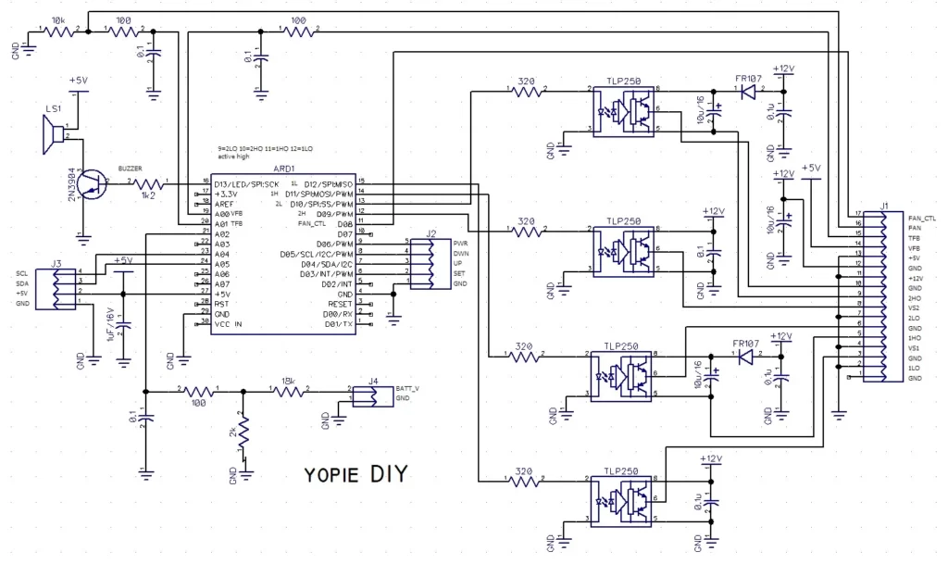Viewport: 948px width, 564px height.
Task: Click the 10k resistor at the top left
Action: [x=58, y=31]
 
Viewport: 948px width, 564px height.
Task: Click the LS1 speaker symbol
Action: [x=56, y=136]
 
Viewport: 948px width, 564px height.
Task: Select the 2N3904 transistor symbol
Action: [x=88, y=184]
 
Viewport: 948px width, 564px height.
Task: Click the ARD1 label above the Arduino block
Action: [x=284, y=169]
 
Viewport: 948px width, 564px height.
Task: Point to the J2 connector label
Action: [x=431, y=233]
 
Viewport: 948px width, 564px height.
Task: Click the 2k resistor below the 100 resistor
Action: [x=243, y=432]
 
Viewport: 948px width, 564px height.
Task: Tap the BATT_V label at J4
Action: [x=407, y=387]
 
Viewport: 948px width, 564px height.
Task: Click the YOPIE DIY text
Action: [x=355, y=476]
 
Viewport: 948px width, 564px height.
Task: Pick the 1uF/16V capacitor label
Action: [x=112, y=324]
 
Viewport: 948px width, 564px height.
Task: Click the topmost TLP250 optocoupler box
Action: [x=622, y=111]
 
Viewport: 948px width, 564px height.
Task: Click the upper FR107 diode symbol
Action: [x=748, y=91]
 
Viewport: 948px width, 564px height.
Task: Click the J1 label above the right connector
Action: [x=886, y=206]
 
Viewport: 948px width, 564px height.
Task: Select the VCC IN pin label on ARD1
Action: [x=229, y=323]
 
